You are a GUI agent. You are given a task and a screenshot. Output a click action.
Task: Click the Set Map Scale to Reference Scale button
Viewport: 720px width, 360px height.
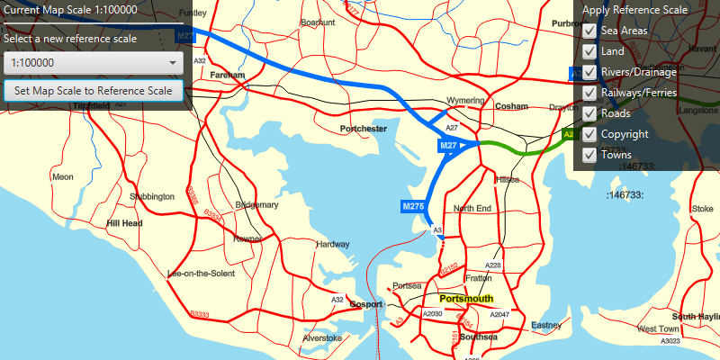[x=94, y=91]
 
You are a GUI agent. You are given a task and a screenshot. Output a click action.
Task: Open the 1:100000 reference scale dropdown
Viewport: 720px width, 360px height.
[x=94, y=63]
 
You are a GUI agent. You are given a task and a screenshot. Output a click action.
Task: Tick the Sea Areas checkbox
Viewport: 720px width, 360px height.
[x=589, y=31]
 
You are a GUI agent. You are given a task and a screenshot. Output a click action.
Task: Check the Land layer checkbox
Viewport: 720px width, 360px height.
[x=589, y=51]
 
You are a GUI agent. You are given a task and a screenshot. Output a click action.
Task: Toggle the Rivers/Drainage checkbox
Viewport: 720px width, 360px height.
[x=589, y=72]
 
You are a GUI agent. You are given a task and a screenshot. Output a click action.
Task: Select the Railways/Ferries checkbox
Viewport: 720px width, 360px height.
[x=589, y=93]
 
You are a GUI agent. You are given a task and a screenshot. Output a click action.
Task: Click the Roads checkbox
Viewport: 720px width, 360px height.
[x=589, y=113]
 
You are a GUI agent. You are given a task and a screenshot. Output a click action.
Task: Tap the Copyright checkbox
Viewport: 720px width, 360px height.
[x=589, y=134]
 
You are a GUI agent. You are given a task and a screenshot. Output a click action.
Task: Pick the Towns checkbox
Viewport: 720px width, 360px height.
[x=589, y=155]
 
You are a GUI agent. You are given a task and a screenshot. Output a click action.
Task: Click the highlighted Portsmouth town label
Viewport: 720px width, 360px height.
[x=466, y=298]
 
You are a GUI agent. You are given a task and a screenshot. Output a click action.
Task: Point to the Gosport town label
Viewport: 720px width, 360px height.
[x=366, y=303]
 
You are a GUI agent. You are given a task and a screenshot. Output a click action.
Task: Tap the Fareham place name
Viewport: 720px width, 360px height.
[x=228, y=76]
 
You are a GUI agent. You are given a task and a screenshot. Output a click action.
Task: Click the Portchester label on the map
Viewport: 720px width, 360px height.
[x=363, y=130]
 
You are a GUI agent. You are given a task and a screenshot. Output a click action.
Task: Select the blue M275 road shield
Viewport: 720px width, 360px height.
[x=413, y=207]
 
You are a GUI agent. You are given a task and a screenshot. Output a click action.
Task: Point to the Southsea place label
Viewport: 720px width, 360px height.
[x=478, y=337]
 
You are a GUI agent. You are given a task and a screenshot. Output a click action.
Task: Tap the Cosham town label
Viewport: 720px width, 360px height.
[x=510, y=106]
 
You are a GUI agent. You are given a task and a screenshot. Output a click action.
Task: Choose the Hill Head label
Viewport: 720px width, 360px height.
[x=124, y=222]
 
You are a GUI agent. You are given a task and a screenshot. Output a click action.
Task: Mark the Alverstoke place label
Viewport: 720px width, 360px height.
[x=322, y=338]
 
